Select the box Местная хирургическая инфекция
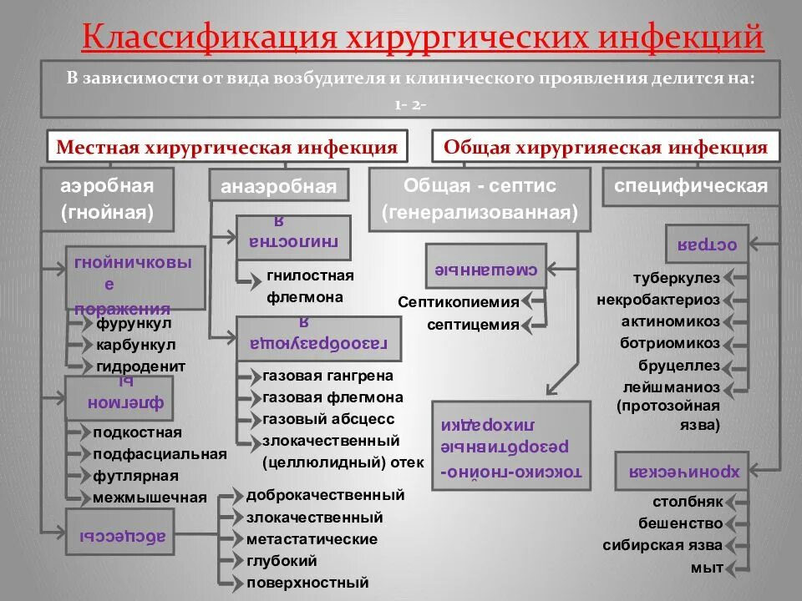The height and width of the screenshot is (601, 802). click(x=226, y=148)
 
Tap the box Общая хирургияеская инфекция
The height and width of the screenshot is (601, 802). click(x=606, y=148)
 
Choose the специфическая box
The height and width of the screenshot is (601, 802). click(x=691, y=186)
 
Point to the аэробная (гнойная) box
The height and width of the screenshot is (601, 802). click(x=107, y=199)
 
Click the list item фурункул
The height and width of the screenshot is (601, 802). click(x=134, y=323)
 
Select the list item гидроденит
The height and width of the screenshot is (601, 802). click(x=140, y=366)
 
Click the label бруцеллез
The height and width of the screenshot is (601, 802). click(x=678, y=365)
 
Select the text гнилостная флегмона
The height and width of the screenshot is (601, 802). click(x=310, y=285)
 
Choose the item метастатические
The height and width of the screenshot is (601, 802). click(x=312, y=539)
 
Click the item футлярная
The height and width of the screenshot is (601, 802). click(x=135, y=476)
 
